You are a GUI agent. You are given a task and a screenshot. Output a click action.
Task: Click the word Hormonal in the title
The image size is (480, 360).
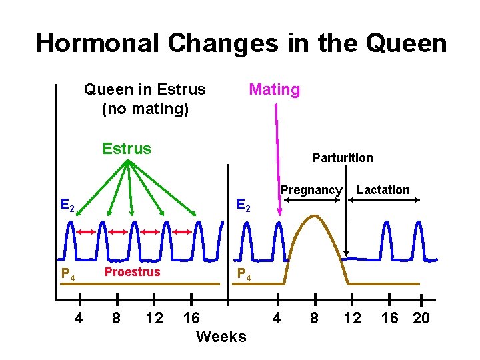pos(97,43)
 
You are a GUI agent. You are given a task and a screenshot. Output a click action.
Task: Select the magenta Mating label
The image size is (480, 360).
pos(274,89)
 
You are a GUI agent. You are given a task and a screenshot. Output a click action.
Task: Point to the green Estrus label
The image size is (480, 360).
pos(126,148)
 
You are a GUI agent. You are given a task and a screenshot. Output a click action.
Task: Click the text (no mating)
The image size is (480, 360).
pos(145,108)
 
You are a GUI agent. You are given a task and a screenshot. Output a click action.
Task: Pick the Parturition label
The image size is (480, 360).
pos(343,158)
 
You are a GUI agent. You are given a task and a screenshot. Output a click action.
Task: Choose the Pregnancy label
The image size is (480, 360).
pos(311,190)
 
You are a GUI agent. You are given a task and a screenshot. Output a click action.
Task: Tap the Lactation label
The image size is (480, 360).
pos(383,190)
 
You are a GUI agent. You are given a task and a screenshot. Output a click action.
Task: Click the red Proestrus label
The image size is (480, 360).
pos(132,272)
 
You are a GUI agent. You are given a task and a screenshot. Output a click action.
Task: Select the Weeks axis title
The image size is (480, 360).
pos(221,337)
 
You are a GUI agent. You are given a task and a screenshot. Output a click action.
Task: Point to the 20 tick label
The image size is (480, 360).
pos(421,318)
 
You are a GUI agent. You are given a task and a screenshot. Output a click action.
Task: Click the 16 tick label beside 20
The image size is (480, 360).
pos(389,318)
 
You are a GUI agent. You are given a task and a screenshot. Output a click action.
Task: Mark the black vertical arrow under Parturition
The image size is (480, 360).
pos(346,227)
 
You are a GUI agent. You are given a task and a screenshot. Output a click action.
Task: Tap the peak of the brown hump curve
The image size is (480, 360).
pos(315,217)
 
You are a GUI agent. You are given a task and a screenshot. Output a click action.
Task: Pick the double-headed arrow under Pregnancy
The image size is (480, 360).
pos(310,201)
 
